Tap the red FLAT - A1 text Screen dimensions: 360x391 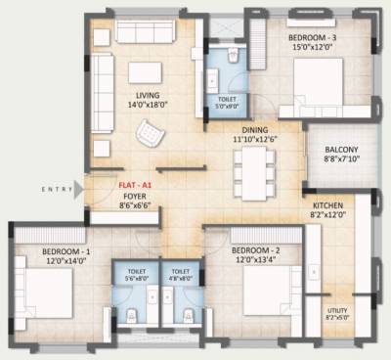[134, 184]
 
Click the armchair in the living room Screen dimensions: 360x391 [152, 130]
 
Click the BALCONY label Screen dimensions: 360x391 [342, 150]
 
